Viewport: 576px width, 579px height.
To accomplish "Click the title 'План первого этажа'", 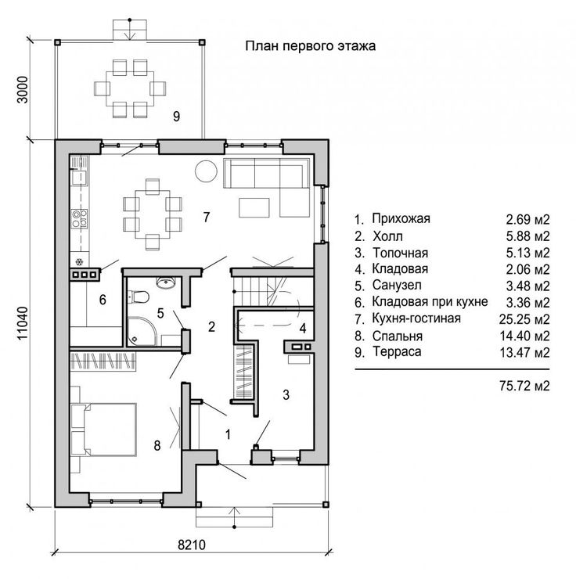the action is [x=311, y=46].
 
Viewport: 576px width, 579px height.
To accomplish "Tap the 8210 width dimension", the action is [x=192, y=545].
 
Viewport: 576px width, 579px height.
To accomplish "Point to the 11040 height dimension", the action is [x=23, y=323].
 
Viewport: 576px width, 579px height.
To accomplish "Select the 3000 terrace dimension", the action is [x=23, y=90].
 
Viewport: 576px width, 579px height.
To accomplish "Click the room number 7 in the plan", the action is [x=207, y=217].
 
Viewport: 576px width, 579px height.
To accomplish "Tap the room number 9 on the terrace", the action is [x=177, y=117].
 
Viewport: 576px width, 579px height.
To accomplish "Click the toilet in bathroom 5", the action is [x=138, y=297].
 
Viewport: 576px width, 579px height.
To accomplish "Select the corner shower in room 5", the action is [x=142, y=331].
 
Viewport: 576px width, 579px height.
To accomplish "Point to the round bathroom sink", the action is [x=166, y=282].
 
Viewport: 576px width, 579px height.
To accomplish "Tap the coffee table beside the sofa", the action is [x=254, y=208].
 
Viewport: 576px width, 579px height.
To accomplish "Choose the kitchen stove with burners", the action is [x=79, y=218].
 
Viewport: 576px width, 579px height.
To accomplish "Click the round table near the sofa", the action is [x=207, y=171].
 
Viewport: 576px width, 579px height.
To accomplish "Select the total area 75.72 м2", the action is [x=524, y=386].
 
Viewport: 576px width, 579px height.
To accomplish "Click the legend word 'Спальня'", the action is [x=398, y=336].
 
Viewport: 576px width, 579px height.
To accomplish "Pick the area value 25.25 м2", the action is [x=524, y=319].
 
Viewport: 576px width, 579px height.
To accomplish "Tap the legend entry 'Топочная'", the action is [x=400, y=253].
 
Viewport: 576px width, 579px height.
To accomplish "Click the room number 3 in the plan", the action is [x=286, y=395].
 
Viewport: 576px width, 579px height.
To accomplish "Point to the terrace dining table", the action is [x=130, y=88].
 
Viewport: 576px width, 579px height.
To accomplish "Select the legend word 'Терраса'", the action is [x=397, y=351].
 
